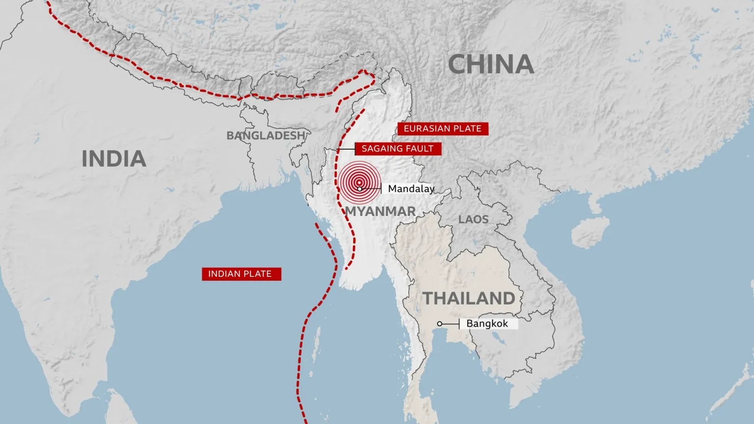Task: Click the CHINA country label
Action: pos(491,64)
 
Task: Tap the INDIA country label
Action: pos(114,159)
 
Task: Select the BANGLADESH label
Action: pos(266,135)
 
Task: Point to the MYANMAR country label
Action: pos(380,212)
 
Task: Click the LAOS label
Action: pos(473,219)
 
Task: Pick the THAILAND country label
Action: pos(469,298)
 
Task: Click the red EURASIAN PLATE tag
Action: pos(443,129)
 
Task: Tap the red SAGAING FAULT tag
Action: pos(398,148)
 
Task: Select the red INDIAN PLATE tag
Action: pos(240,274)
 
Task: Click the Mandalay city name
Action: pos(411,189)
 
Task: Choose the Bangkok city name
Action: pos(487,324)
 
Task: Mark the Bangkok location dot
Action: pos(440,324)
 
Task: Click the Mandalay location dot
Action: pos(360,189)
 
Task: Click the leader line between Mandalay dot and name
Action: pos(372,189)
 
